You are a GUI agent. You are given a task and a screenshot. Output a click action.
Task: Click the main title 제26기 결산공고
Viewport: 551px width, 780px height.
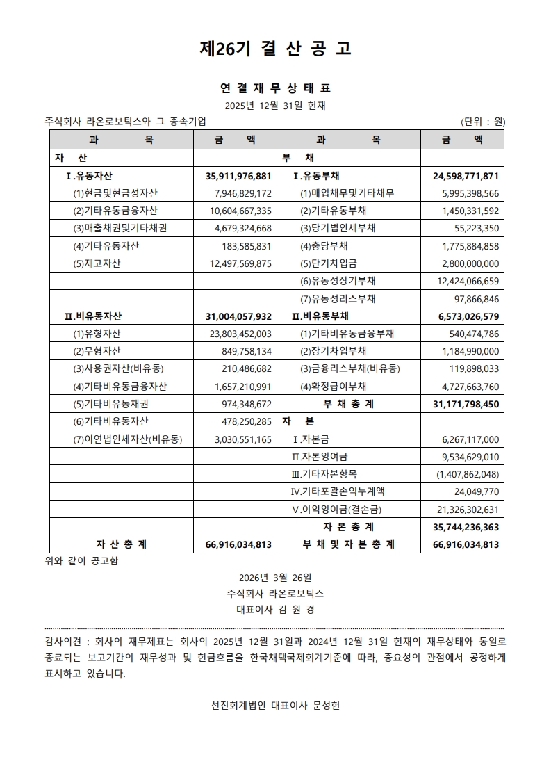275,48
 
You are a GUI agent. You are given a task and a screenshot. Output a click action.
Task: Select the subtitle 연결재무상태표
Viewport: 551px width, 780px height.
275,88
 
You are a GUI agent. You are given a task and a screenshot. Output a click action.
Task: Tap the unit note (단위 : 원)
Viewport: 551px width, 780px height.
483,121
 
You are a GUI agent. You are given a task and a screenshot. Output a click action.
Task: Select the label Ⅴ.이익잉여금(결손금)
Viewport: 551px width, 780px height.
337,510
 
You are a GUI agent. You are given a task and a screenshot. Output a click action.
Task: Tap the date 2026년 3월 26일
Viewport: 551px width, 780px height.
275,578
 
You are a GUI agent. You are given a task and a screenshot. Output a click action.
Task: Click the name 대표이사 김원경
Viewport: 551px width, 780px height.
275,610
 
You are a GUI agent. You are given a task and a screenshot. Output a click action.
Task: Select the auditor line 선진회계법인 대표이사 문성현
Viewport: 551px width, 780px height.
275,705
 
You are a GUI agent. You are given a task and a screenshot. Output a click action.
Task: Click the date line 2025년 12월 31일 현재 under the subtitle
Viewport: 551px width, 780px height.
275,106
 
